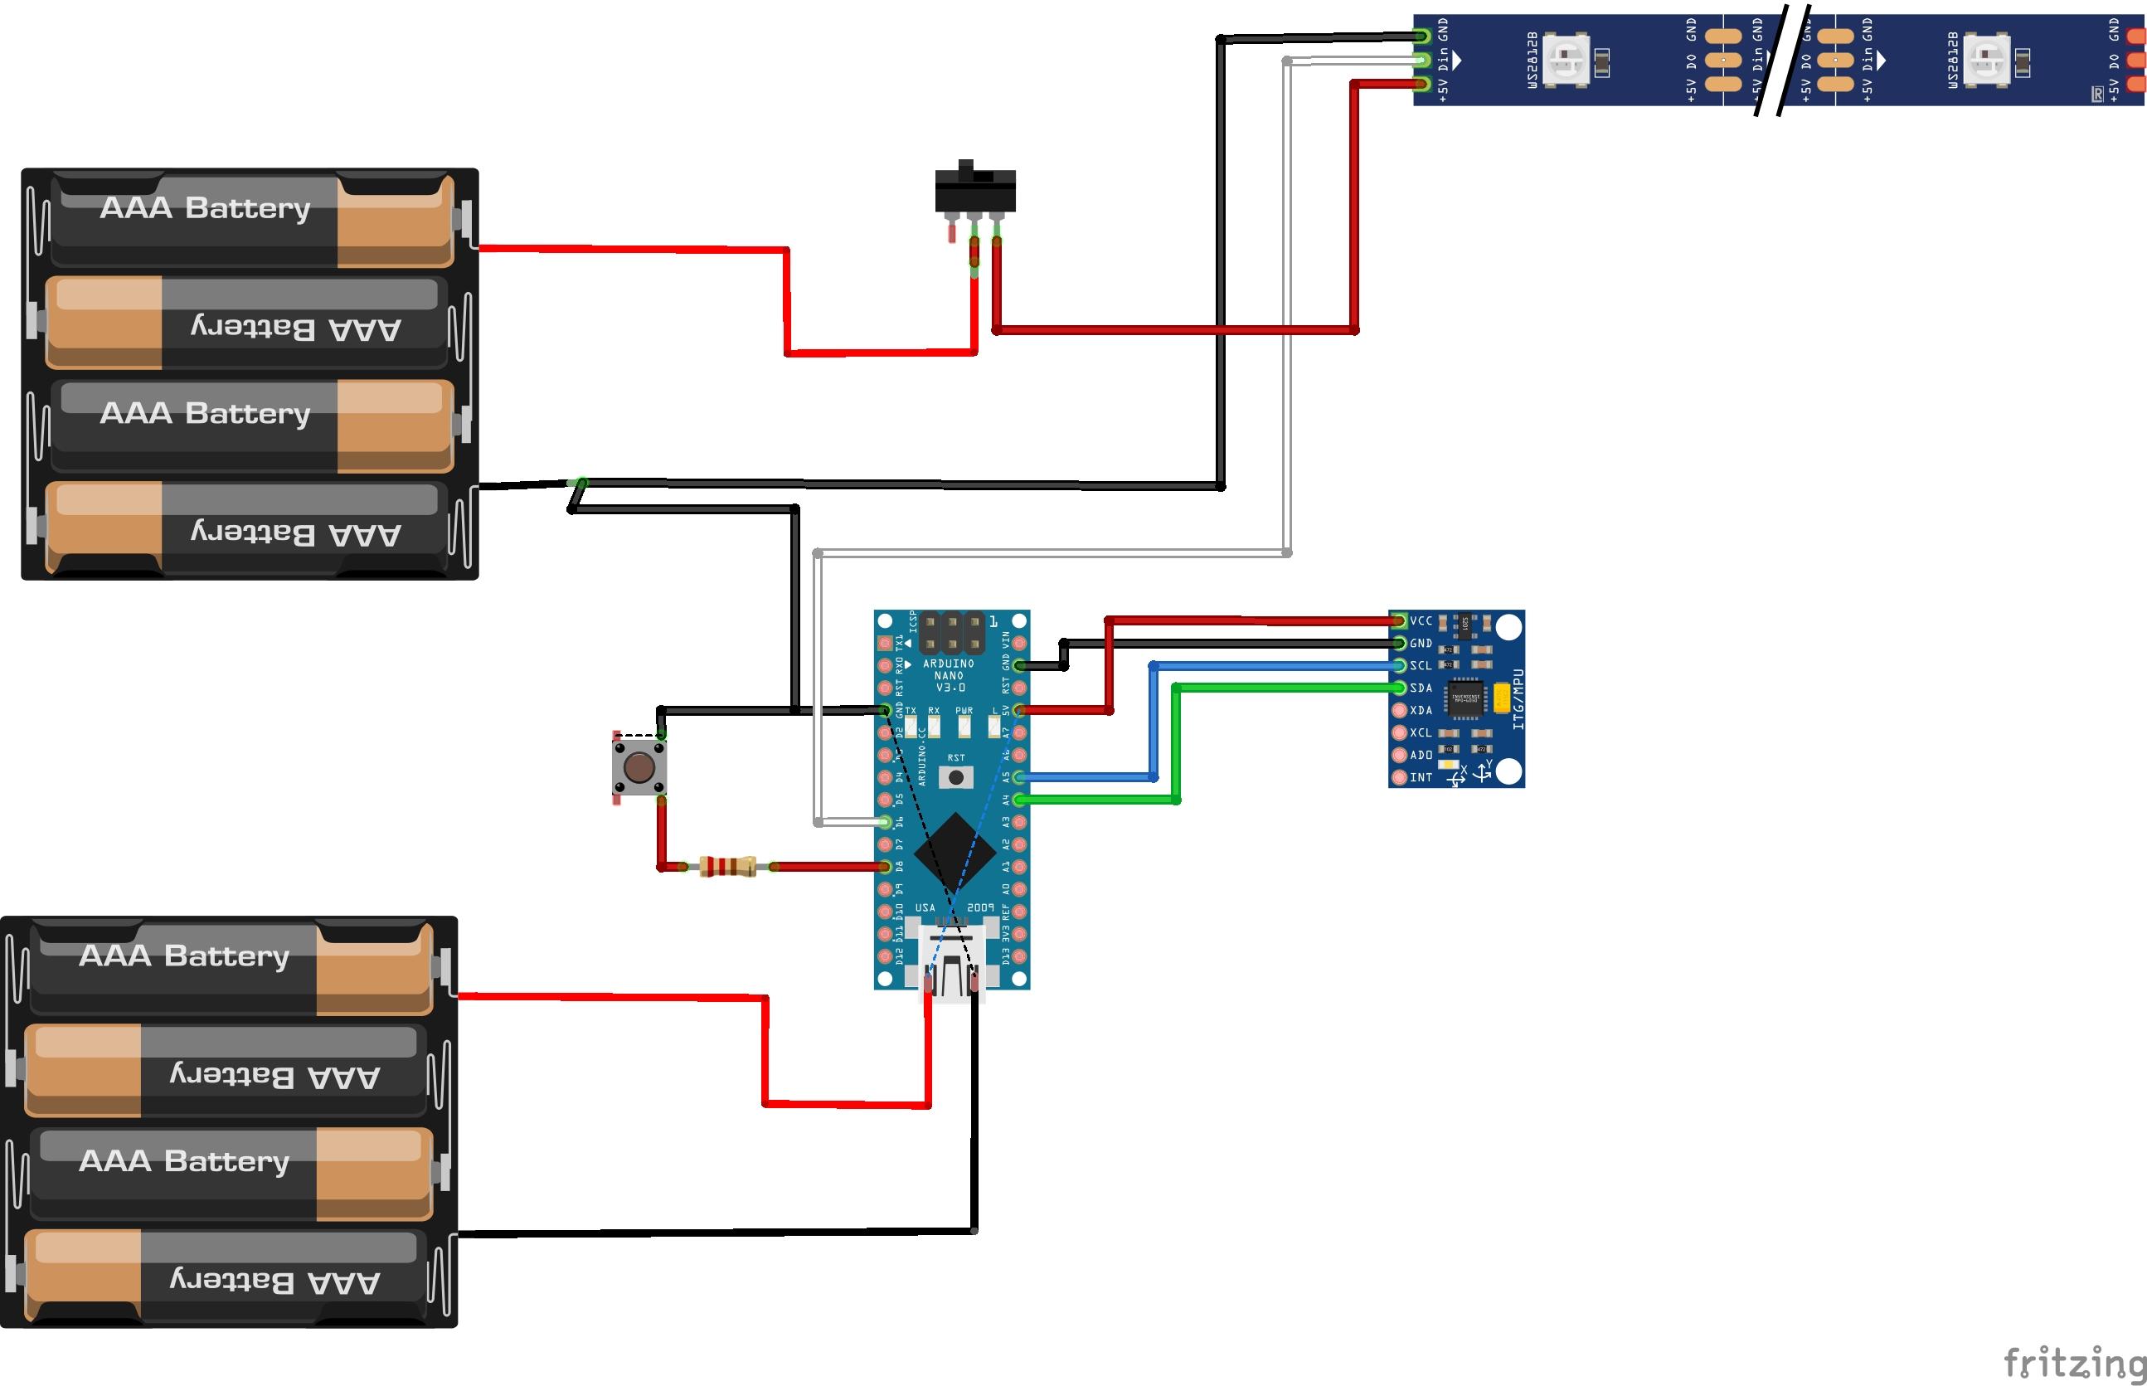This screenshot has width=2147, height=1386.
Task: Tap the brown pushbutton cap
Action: (639, 768)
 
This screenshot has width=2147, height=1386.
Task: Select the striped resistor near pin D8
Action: (728, 867)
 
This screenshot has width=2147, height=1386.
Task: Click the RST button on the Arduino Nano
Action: (955, 776)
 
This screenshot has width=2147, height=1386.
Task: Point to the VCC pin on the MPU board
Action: (1399, 621)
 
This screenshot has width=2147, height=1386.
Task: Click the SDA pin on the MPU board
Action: (1399, 688)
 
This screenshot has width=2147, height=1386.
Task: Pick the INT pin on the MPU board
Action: (1399, 776)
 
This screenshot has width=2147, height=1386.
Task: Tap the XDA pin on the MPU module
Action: (1399, 710)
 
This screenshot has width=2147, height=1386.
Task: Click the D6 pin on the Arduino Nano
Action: (886, 822)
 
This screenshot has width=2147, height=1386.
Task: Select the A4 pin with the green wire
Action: (1019, 800)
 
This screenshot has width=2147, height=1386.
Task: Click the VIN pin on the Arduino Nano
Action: (1019, 644)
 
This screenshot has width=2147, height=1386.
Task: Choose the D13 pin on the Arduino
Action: (1019, 955)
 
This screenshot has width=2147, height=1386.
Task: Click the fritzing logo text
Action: (2073, 1362)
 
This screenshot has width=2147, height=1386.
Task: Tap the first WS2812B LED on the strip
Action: (1567, 60)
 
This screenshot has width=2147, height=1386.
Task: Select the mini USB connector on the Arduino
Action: (951, 963)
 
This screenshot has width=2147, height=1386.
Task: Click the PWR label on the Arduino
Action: (964, 711)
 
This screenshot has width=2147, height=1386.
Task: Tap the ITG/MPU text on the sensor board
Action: (1518, 698)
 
